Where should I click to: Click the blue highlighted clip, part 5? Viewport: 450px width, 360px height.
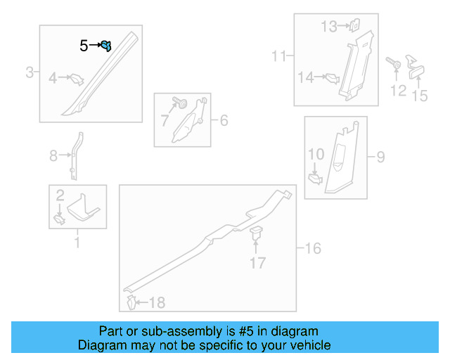pos(106,46)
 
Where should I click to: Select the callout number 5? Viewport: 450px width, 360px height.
pos(84,46)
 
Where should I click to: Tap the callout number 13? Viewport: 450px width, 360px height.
pos(329,27)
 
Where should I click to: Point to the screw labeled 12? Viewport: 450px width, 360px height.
pos(394,63)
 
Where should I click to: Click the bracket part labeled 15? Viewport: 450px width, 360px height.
pos(416,67)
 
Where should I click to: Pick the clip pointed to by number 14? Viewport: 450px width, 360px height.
pos(333,78)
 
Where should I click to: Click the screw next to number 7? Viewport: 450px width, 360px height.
pos(180,103)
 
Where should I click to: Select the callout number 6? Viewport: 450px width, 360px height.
pos(224,120)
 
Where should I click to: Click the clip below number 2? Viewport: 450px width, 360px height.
pos(59,220)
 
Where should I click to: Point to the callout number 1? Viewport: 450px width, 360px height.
pos(77,242)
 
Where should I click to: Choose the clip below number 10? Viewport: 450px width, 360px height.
pos(315,179)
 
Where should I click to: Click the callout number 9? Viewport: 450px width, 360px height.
pos(380,157)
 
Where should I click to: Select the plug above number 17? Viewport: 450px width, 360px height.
pos(256,233)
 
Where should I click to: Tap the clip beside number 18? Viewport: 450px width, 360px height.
pos(131,302)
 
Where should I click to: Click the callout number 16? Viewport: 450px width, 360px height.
pos(313,248)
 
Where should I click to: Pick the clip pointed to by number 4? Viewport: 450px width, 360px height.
pos(77,79)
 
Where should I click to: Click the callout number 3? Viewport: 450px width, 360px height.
pos(30,72)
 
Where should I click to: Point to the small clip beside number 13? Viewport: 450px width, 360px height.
pos(355,25)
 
